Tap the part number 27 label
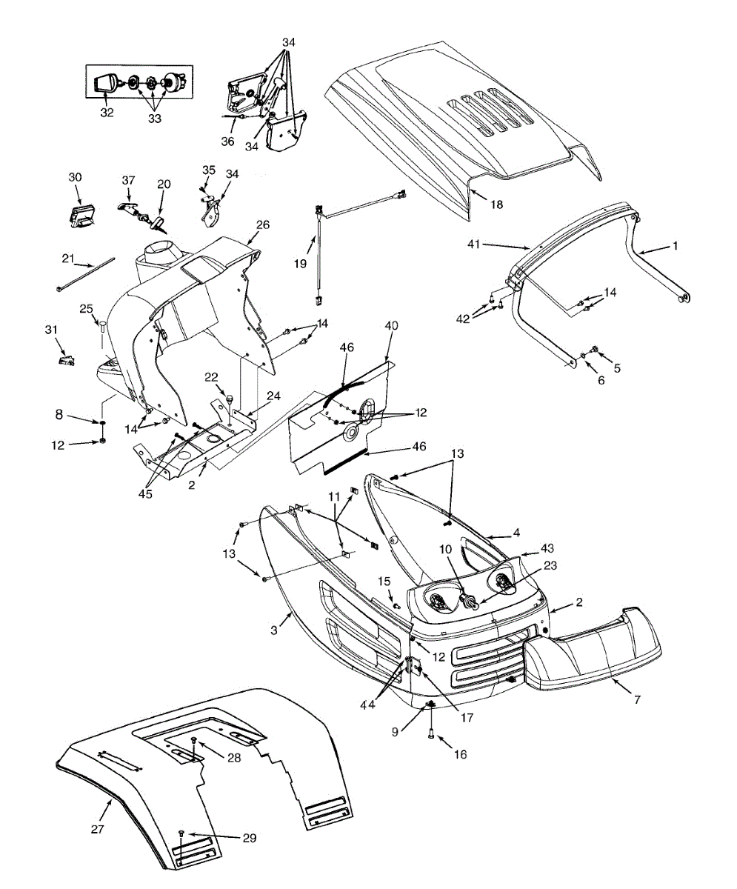97,830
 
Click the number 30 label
76,178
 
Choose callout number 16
461,754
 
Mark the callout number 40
391,325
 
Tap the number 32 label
107,113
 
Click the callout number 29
249,837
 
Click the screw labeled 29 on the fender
181,834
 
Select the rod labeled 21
85,273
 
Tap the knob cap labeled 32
108,82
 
